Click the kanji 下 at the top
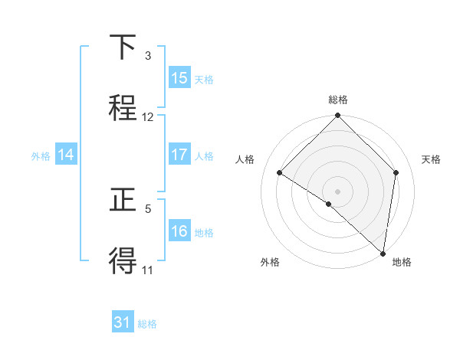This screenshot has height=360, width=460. pos(124,48)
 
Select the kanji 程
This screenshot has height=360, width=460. pos(124,106)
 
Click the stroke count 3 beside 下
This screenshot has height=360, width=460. pos(148,56)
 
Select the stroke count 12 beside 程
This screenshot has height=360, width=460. pos(148,117)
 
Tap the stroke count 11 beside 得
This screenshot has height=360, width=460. pos(148,270)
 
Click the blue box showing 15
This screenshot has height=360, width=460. pos(179,78)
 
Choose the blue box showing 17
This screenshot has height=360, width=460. pos(179,155)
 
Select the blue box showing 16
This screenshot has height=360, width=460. pos(179,231)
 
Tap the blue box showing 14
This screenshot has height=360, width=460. pos(66,155)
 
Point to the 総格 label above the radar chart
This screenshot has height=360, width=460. pos(338,100)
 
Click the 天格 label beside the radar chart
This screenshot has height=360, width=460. pos(431,159)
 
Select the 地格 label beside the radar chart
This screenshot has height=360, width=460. pos(402,262)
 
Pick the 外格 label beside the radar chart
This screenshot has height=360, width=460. pos(270,262)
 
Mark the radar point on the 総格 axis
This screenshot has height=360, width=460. pos(337,116)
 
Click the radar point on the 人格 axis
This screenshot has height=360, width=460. pos(280,173)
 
